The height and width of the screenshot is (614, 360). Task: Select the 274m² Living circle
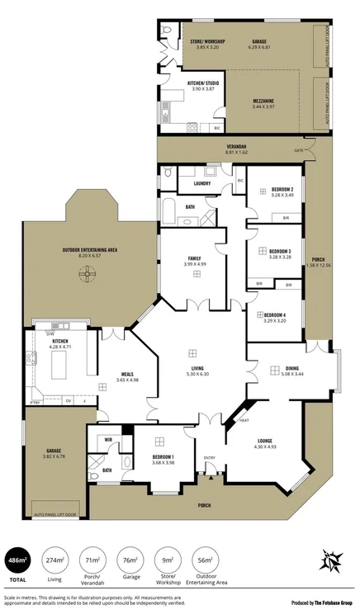point(54,559)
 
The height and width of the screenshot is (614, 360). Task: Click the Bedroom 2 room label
point(282,189)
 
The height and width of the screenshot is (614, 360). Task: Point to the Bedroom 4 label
point(275,314)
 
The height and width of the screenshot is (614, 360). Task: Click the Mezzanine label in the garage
point(268,101)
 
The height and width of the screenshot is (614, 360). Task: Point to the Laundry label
point(203,183)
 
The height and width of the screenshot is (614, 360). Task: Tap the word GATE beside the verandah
point(298,150)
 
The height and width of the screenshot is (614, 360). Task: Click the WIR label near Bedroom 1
point(97,439)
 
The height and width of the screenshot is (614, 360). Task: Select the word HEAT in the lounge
point(244,420)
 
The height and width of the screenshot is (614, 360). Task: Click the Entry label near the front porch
point(210,458)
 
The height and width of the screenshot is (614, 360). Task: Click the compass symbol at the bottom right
point(331,563)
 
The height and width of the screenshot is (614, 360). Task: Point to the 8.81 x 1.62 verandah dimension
point(237,152)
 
